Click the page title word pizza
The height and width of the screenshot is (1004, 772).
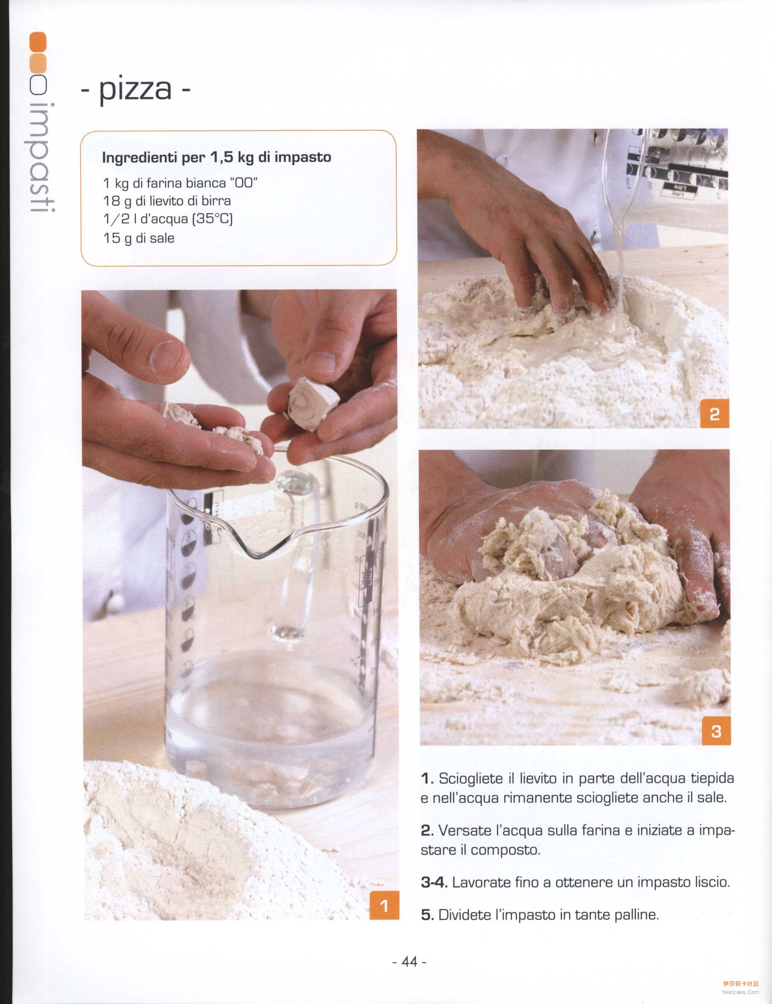click(x=135, y=90)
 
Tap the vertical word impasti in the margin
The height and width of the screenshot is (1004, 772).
click(x=42, y=157)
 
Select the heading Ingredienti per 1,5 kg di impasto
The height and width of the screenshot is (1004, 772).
click(x=217, y=157)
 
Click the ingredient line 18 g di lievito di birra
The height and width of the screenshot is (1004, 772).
click(x=167, y=201)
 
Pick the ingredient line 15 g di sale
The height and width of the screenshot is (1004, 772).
click(x=139, y=238)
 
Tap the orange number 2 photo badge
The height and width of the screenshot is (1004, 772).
click(x=714, y=413)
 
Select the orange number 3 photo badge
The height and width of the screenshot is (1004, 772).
click(x=716, y=731)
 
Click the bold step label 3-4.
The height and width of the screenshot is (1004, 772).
click(x=434, y=882)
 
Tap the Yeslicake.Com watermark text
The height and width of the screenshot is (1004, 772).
click(x=740, y=992)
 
